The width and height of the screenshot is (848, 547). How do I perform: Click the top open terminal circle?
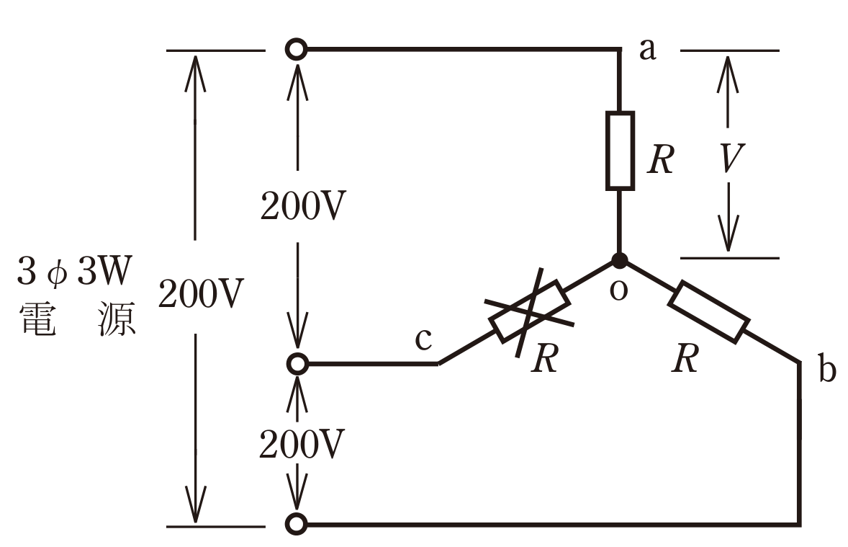coord(297,49)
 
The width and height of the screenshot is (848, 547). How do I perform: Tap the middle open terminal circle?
coord(297,364)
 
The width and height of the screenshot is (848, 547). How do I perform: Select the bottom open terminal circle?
coord(297,524)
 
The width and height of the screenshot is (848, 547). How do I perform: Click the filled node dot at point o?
coord(619,261)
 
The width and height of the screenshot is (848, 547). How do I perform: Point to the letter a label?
coord(648,50)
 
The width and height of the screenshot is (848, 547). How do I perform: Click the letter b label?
coord(827,368)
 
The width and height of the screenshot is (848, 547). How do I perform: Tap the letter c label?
coord(423,339)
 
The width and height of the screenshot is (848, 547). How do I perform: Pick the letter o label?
coord(618,290)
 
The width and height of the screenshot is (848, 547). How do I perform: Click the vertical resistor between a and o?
coord(620,151)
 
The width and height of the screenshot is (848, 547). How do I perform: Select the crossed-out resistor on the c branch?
coord(529,311)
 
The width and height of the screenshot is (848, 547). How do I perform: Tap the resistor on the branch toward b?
coord(709,311)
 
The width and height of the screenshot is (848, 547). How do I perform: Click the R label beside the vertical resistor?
coord(660,159)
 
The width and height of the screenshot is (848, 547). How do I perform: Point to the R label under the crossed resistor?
coord(545,358)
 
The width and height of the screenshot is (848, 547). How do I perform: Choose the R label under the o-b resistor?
coord(685,358)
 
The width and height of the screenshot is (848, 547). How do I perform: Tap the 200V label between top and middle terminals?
coord(303,206)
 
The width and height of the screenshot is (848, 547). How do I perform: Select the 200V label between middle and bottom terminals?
coord(302,445)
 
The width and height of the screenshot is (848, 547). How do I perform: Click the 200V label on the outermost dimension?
coord(201,294)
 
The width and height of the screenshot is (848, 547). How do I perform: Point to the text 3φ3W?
coord(75,271)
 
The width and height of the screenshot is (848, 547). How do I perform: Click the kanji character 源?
coord(117,319)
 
